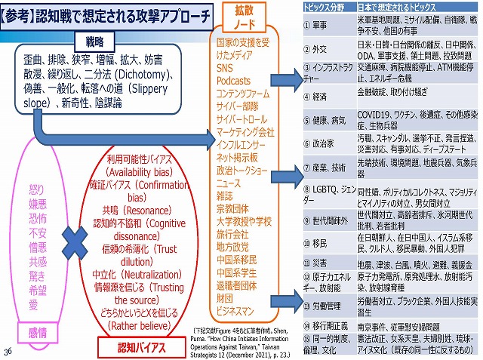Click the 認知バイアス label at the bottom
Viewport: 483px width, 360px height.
pyautogui.click(x=125, y=347)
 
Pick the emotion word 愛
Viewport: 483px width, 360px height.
pyautogui.click(x=33, y=304)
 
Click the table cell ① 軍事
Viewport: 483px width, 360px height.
pyautogui.click(x=317, y=24)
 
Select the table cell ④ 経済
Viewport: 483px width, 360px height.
pyautogui.click(x=317, y=97)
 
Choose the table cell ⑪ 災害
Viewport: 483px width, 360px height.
pyautogui.click(x=317, y=263)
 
